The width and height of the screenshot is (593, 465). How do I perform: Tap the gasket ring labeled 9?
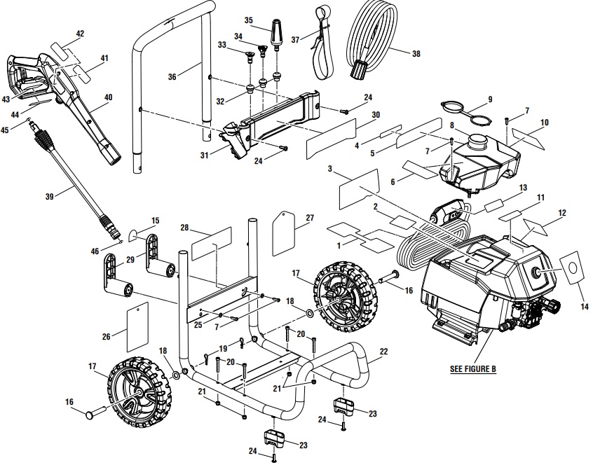point(463,111)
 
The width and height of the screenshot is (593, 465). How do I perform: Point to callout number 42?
point(79,33)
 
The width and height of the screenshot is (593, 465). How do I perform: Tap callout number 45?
point(5,129)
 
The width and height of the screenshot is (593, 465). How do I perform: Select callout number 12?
point(562,213)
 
